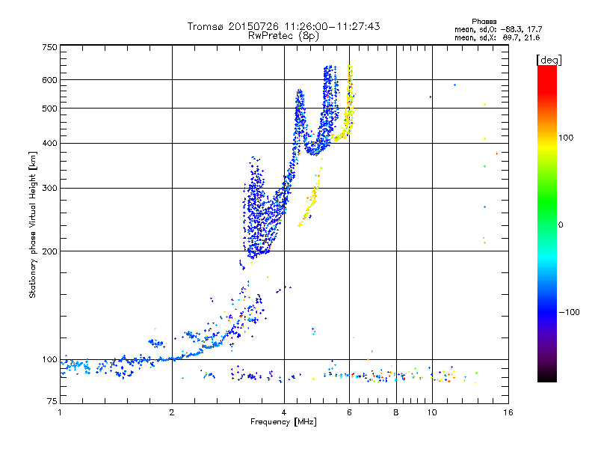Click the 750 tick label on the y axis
tap(49, 47)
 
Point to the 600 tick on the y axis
tap(49, 80)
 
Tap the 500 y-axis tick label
tap(49, 109)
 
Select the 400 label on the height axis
tap(49, 144)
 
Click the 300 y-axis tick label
tap(49, 188)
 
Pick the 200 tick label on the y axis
tap(49, 251)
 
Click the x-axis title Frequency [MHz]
tap(283, 424)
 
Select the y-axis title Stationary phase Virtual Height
tap(33, 224)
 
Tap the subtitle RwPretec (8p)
tap(283, 35)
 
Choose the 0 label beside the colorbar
tap(561, 224)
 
